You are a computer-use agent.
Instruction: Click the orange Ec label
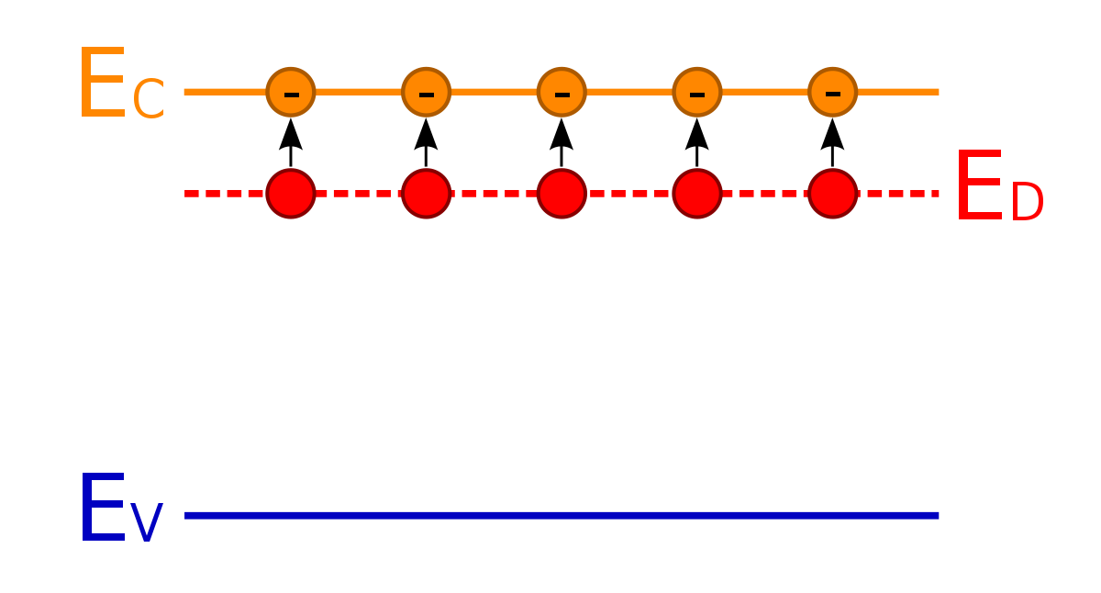(x=122, y=83)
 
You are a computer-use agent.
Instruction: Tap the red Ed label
(x=999, y=185)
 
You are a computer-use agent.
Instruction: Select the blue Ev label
(x=121, y=507)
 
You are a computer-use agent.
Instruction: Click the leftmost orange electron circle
(x=291, y=92)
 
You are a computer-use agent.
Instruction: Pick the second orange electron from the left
(x=426, y=92)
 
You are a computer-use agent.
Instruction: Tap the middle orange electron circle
(x=562, y=92)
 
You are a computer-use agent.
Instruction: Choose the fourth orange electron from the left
(x=697, y=92)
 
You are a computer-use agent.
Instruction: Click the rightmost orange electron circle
(x=833, y=92)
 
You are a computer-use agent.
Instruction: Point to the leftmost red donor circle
(x=291, y=194)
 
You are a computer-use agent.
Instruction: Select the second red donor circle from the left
(x=426, y=194)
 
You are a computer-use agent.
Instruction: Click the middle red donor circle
(x=562, y=194)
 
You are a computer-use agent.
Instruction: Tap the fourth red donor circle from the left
(x=697, y=194)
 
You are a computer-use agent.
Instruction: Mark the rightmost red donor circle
(x=833, y=194)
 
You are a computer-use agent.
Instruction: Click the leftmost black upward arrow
(x=291, y=142)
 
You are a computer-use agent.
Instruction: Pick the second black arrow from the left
(x=426, y=142)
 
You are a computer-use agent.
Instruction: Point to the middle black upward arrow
(x=562, y=142)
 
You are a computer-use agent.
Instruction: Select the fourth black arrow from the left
(x=697, y=142)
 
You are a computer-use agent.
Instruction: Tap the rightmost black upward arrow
(x=833, y=142)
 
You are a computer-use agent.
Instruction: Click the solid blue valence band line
(x=562, y=515)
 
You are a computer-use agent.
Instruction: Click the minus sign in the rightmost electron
(x=833, y=94)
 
